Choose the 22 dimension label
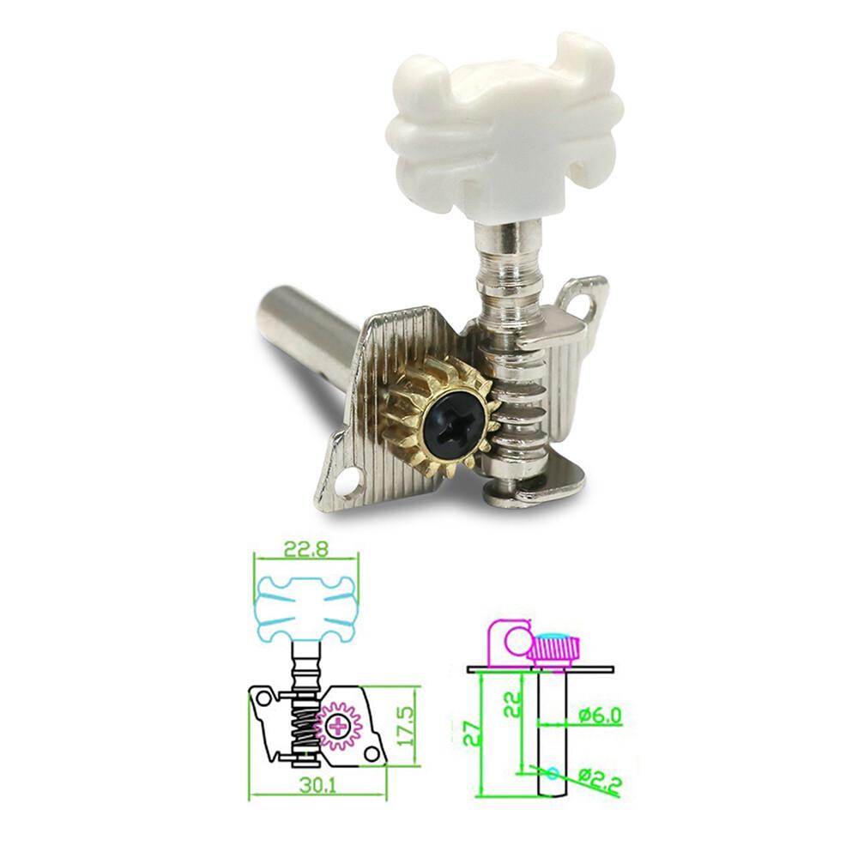click(x=512, y=706)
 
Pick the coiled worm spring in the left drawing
click(x=300, y=729)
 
